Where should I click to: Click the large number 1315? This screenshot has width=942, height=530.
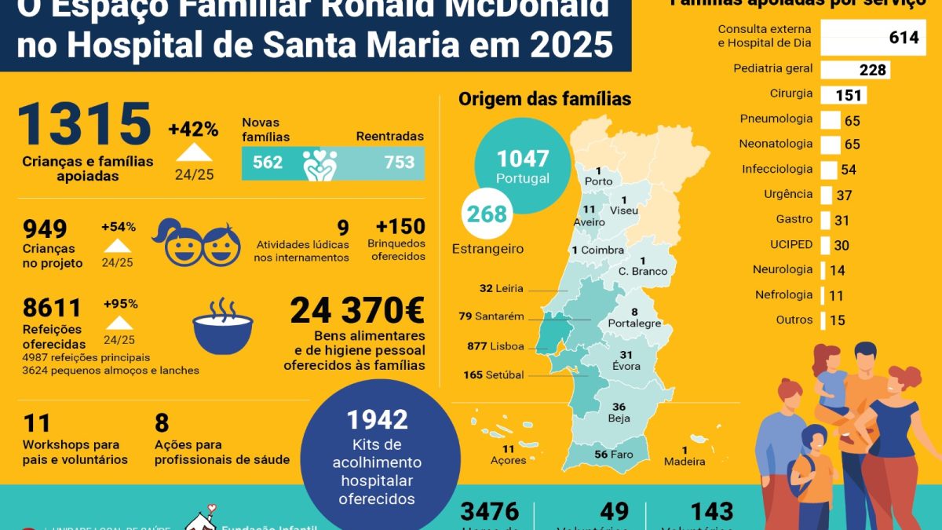[83, 125]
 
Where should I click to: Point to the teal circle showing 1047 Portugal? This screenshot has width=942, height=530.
[523, 166]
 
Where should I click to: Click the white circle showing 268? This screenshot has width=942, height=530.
[487, 214]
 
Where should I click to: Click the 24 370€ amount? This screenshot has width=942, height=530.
[357, 312]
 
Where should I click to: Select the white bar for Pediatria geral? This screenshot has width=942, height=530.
[855, 70]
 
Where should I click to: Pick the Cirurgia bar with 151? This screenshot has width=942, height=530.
[843, 96]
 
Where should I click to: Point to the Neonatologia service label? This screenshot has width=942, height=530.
[776, 144]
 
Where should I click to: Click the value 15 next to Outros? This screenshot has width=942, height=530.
[837, 320]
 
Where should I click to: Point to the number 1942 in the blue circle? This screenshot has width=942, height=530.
[378, 420]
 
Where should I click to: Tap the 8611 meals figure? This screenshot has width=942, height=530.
[52, 307]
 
